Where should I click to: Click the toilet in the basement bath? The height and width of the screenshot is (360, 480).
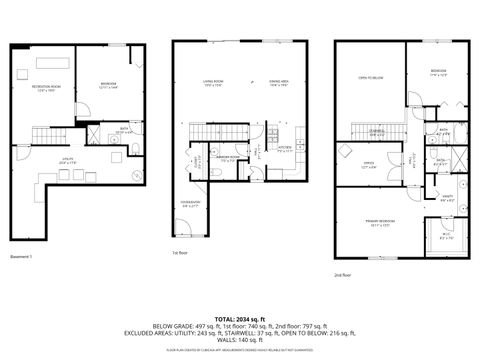tap(134, 151)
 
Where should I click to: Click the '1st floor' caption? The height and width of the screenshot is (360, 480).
tap(180, 253)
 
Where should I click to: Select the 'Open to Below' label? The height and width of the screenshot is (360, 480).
tap(371, 78)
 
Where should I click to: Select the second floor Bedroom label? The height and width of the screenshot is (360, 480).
tap(438, 73)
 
